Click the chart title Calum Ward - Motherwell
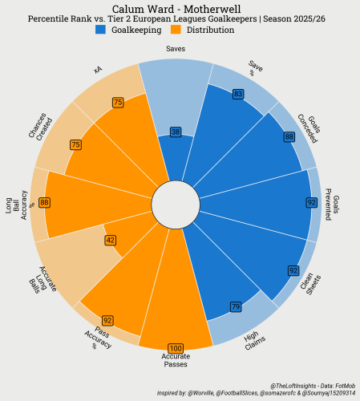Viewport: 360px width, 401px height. (x=176, y=9)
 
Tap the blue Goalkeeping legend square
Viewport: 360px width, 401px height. (x=100, y=30)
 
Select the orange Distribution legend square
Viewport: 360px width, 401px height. (x=176, y=30)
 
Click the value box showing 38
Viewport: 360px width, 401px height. (x=176, y=132)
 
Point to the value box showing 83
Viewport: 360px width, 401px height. (x=238, y=94)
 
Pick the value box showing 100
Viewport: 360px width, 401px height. (x=176, y=348)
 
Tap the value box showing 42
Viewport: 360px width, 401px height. (x=111, y=240)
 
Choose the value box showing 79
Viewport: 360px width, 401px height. (x=236, y=306)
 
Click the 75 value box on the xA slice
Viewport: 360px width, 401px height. (x=118, y=103)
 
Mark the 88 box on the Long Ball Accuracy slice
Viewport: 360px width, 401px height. (x=44, y=203)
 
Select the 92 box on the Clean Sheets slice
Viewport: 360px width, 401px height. (x=293, y=271)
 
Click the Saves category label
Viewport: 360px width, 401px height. (x=176, y=49)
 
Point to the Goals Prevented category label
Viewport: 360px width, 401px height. (x=332, y=205)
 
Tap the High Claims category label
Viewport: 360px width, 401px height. (x=255, y=341)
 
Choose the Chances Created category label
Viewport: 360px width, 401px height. (x=41, y=127)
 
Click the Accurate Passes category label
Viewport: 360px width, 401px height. (x=176, y=360)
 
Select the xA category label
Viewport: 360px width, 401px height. (x=98, y=70)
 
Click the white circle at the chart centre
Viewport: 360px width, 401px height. (x=176, y=205)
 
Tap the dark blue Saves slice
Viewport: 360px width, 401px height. (x=176, y=158)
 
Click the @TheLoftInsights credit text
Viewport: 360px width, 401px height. (x=313, y=386)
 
